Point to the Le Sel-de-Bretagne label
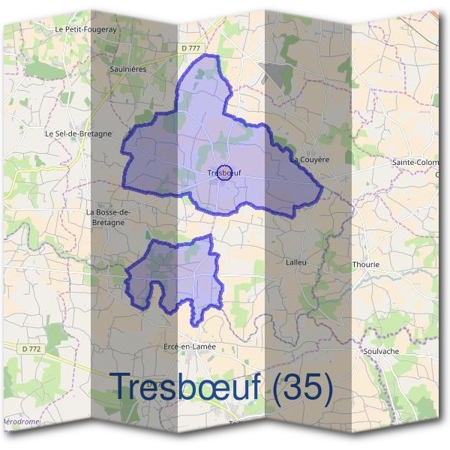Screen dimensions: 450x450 point(78,134)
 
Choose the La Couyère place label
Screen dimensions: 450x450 point(310,160)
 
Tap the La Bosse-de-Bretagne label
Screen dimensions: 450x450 point(109,217)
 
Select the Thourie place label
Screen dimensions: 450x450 point(366,265)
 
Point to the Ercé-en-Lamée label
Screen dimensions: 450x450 point(189,346)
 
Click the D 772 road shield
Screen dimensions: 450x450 point(31,349)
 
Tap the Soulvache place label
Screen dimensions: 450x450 point(379,351)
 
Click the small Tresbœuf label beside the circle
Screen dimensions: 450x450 point(214,175)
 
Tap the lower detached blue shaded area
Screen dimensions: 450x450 point(180,274)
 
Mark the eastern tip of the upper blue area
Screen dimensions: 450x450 point(322,190)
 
